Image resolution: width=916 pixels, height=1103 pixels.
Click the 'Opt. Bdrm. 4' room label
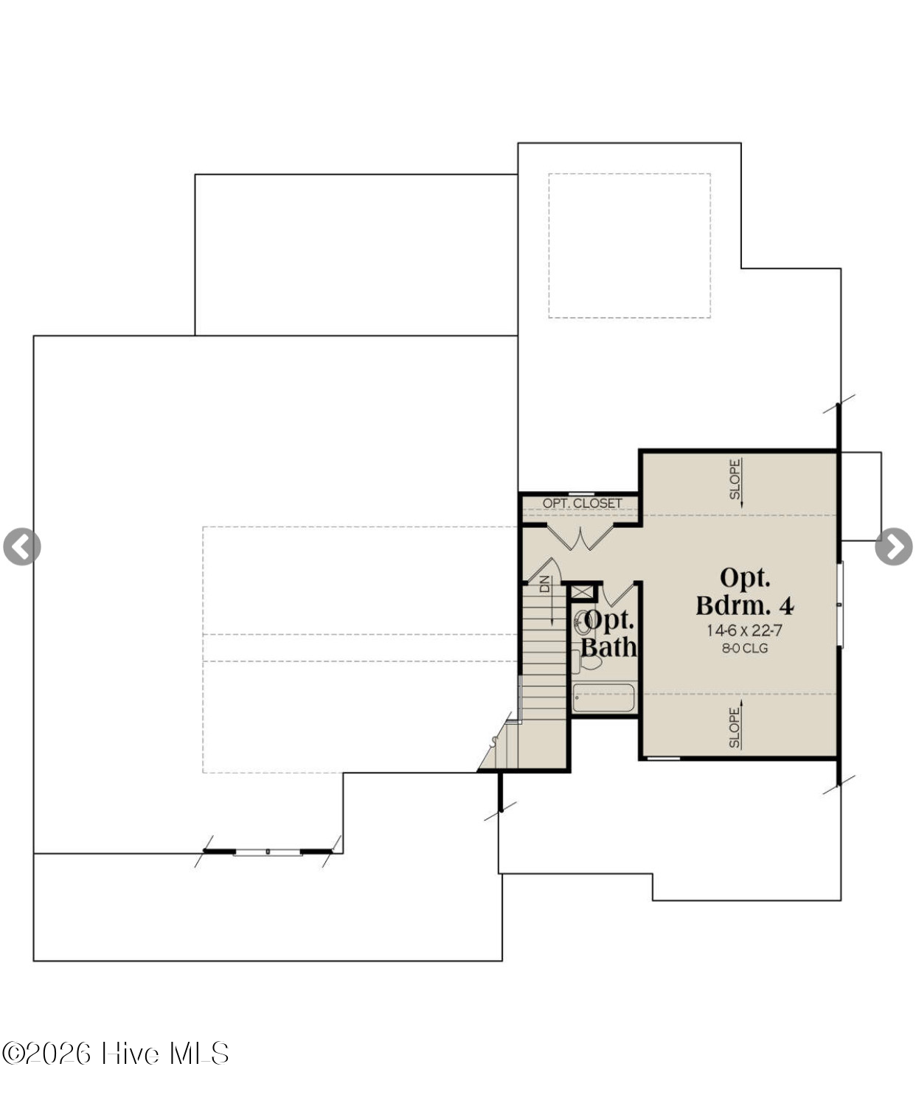click(x=745, y=591)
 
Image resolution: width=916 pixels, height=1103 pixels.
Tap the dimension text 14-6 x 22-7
click(x=745, y=630)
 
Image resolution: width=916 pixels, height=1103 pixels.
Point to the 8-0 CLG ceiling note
click(x=745, y=648)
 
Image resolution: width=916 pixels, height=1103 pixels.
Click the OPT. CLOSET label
click(x=582, y=504)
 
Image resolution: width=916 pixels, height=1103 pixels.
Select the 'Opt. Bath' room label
click(x=609, y=633)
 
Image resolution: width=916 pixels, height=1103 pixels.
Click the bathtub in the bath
click(x=603, y=697)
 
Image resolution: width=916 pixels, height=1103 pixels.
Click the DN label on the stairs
click(x=545, y=583)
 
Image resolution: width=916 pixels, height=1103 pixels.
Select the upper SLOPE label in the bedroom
click(x=735, y=479)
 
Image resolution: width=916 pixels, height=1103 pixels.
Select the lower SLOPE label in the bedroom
click(x=735, y=728)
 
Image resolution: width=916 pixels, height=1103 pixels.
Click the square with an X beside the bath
click(x=582, y=591)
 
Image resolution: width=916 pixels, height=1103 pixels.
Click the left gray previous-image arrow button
click(x=22, y=546)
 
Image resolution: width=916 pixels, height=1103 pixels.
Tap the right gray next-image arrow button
click(x=894, y=546)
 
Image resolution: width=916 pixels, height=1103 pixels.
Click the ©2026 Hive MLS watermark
click(x=115, y=1054)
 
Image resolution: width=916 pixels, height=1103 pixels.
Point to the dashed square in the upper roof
click(x=630, y=246)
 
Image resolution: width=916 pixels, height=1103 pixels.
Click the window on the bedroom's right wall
click(x=841, y=605)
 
